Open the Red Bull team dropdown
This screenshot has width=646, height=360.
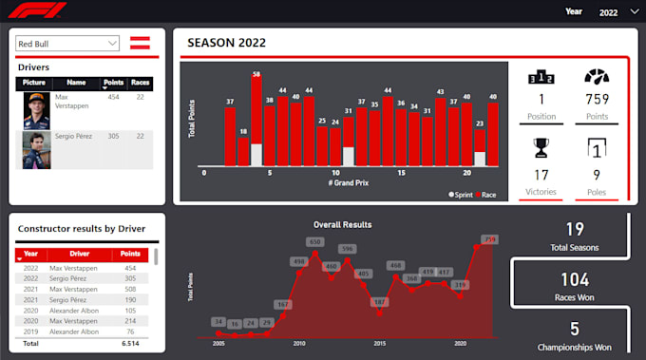tap(66, 43)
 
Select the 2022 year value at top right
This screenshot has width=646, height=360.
tap(608, 12)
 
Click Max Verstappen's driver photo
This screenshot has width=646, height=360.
tap(35, 111)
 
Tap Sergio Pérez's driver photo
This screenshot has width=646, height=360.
tap(35, 150)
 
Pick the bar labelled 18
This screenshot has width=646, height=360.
tap(243, 152)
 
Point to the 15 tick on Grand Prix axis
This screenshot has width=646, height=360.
tap(401, 174)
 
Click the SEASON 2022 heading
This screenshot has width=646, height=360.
tap(226, 43)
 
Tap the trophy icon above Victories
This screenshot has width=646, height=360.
tap(541, 147)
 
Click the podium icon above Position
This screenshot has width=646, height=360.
tap(541, 78)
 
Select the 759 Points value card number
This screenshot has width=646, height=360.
tap(597, 100)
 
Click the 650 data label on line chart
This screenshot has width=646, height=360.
tap(315, 242)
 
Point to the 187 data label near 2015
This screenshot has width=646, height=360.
tap(379, 301)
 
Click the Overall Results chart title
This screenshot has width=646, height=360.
tap(342, 225)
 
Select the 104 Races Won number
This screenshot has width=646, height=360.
tap(574, 279)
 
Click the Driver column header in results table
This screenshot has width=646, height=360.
tap(80, 255)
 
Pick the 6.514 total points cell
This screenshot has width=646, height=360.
tap(130, 344)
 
